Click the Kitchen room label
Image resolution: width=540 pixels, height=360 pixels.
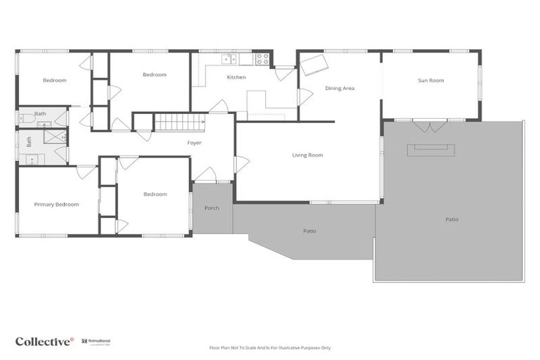point(236,77)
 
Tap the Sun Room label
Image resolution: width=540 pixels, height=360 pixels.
point(431,81)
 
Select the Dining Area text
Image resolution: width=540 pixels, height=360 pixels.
point(340,89)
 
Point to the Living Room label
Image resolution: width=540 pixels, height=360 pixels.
point(307,155)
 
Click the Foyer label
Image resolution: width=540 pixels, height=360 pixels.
point(194,143)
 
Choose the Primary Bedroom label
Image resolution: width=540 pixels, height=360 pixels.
point(56,205)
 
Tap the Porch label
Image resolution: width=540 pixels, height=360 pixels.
point(212,208)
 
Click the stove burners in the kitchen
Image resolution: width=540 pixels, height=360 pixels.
point(262,59)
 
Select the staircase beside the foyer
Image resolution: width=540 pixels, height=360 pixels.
point(179,122)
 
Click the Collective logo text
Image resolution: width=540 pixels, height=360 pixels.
point(44,341)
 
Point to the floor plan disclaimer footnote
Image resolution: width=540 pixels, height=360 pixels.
point(270,347)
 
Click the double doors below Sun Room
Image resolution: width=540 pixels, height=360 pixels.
point(429,126)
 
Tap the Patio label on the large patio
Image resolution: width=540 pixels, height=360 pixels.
point(451,219)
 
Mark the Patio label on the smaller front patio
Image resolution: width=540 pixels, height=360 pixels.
point(309,231)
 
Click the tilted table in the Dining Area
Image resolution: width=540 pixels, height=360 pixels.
point(314,64)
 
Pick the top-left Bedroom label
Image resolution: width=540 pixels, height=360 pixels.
point(54,80)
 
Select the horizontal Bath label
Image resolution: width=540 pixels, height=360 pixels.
point(40,113)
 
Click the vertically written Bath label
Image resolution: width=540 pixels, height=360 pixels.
point(30,141)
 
